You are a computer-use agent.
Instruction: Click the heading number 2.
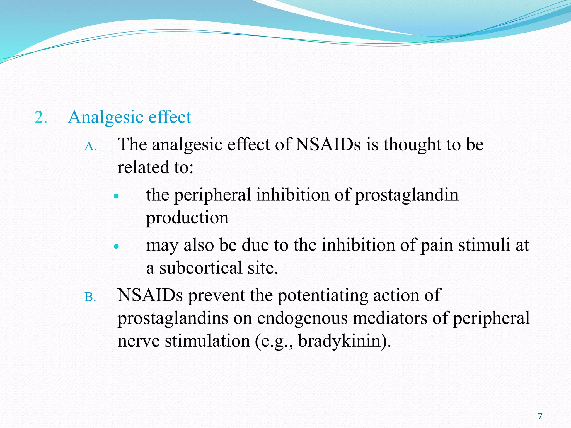pyautogui.click(x=40, y=117)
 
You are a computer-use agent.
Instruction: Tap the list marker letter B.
pyautogui.click(x=90, y=297)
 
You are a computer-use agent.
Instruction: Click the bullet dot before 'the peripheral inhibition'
pyautogui.click(x=117, y=196)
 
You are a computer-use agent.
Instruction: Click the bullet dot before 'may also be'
pyautogui.click(x=117, y=246)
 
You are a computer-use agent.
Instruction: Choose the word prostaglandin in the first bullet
pyautogui.click(x=407, y=195)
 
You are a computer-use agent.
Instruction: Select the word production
pyautogui.click(x=187, y=218)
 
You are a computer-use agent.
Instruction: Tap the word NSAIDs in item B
pyautogui.click(x=150, y=295)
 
